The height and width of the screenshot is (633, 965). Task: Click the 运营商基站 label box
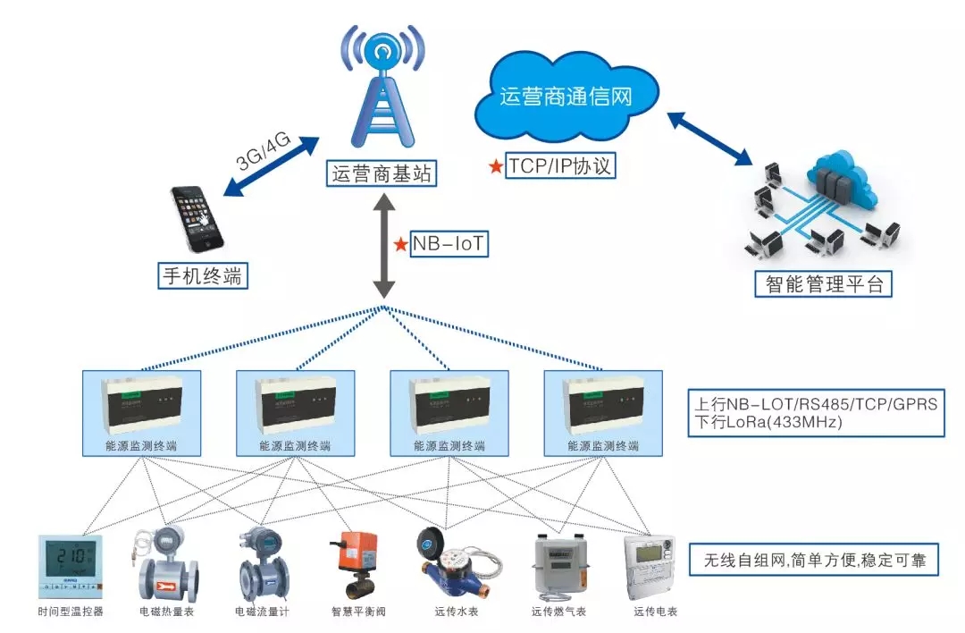point(382,173)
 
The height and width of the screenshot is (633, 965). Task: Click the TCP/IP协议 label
point(561,165)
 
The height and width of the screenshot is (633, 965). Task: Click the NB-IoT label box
point(449,244)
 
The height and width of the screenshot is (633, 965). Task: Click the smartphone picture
point(198,219)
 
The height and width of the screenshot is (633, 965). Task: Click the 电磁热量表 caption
point(167,612)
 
